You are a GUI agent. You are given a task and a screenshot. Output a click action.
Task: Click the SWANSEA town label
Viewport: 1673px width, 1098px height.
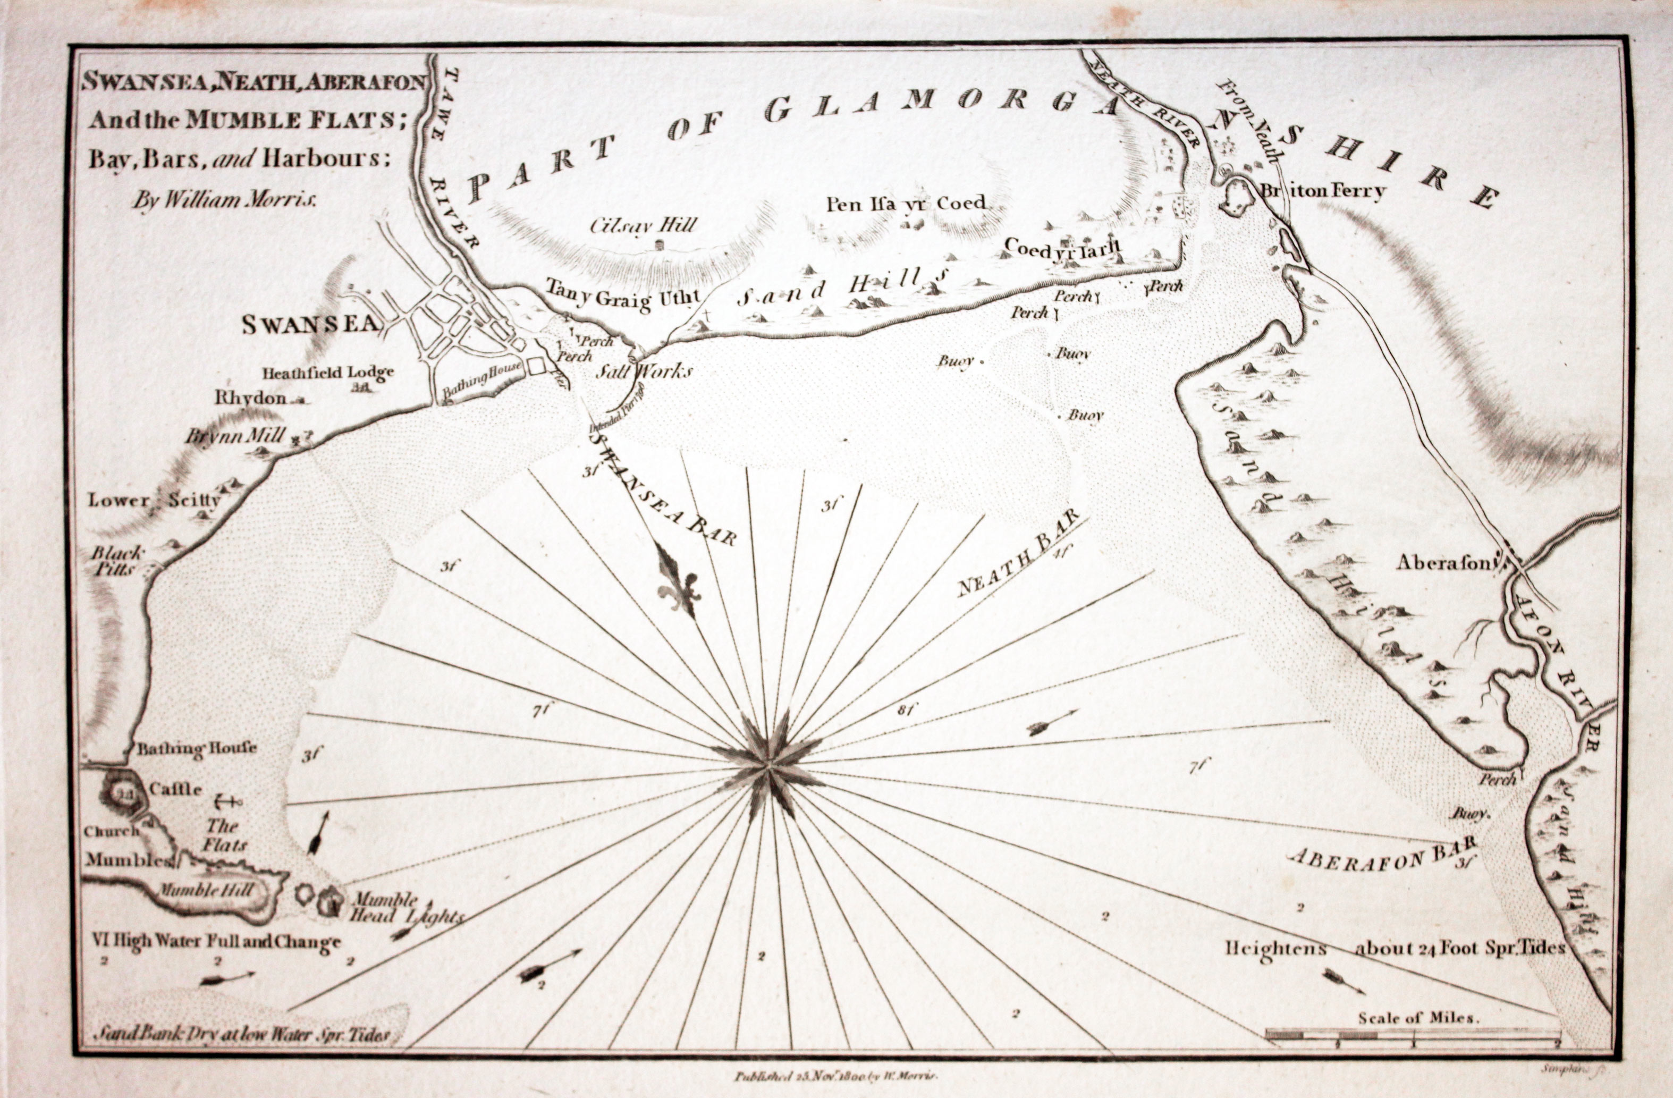coord(310,324)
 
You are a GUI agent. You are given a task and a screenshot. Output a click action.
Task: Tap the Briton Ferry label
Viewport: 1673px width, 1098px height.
coord(1322,190)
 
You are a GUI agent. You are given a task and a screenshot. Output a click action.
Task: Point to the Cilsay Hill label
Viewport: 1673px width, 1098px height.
coord(643,225)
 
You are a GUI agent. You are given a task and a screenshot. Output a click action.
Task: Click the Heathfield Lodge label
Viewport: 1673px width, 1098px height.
coord(327,372)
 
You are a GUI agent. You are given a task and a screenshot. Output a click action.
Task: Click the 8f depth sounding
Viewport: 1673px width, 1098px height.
coord(906,710)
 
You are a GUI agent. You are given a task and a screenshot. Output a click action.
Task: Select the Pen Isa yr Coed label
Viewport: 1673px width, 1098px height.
coord(906,204)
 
